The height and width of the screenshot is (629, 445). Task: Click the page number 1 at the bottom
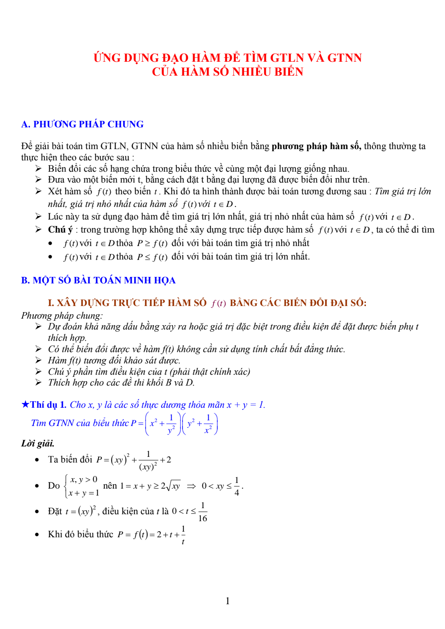click(227, 601)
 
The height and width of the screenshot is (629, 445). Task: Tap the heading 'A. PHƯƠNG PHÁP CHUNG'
click(82, 124)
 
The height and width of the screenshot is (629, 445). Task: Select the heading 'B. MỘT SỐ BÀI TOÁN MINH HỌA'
click(98, 280)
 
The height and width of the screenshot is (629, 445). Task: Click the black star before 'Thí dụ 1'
click(25, 404)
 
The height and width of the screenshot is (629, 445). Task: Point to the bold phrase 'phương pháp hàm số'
click(316, 146)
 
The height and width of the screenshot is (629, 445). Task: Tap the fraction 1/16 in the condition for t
click(203, 512)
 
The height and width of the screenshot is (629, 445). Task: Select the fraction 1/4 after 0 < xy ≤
click(236, 486)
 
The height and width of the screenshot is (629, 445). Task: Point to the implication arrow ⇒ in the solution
click(191, 486)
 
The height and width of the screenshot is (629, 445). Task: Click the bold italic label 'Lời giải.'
click(38, 443)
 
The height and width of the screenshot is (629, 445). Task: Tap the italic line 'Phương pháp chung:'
click(62, 316)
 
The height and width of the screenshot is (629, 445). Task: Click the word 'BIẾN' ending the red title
click(286, 72)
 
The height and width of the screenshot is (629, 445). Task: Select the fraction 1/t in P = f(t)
click(183, 535)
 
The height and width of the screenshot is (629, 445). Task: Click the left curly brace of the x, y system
click(66, 486)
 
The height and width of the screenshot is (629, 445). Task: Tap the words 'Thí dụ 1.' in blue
click(48, 405)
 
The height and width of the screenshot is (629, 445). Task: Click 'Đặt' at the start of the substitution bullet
click(55, 511)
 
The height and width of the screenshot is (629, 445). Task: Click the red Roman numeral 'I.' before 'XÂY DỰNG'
click(51, 303)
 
